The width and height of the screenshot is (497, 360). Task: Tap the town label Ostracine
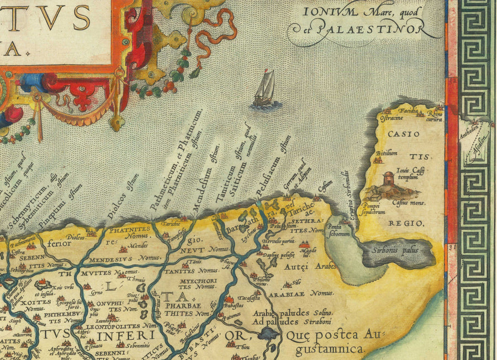(389, 118)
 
